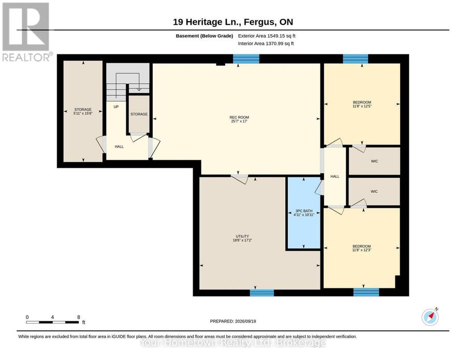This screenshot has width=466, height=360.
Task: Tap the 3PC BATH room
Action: point(303,213)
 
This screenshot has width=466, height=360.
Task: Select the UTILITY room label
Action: point(242,236)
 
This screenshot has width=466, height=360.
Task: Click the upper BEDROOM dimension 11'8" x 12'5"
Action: point(362,106)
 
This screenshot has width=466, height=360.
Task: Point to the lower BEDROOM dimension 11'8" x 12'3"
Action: point(362,250)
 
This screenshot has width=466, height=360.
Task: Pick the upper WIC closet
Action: point(374,161)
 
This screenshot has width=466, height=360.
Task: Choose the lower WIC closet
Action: point(374,192)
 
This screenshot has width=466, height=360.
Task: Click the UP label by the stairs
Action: point(116,106)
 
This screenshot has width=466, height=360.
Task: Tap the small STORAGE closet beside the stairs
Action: point(139,114)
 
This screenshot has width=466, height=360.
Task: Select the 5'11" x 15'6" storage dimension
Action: point(83,113)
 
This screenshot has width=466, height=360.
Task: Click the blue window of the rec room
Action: point(246,59)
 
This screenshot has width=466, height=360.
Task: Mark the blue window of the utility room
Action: point(262,293)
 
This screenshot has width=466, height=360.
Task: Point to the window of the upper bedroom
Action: point(355,59)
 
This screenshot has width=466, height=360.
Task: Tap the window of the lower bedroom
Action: point(366,292)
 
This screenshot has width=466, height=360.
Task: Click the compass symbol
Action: point(430,317)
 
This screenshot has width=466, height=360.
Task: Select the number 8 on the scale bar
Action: point(79,317)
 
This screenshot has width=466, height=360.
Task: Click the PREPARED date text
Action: point(233,321)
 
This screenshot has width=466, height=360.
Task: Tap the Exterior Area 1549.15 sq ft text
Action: point(267,36)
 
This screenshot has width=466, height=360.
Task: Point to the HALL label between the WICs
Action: point(335,177)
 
